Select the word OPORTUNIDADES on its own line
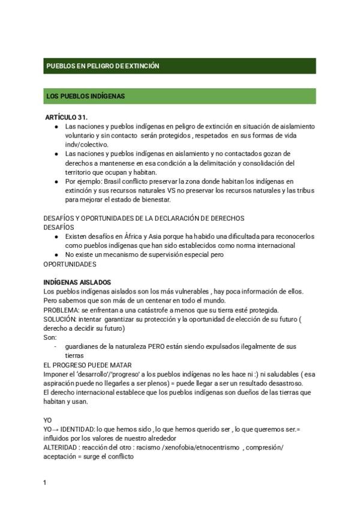click(x=70, y=264)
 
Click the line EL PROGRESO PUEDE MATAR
click(x=88, y=365)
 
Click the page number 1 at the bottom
click(x=45, y=483)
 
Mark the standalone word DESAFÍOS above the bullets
click(x=59, y=227)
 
